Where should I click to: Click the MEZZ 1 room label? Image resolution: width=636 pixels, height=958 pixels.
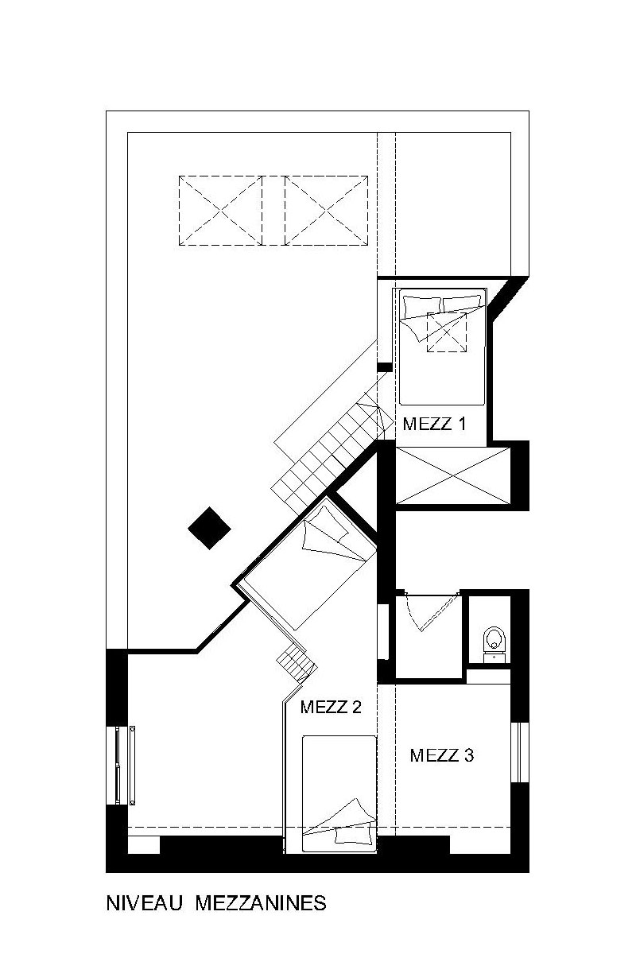pyautogui.click(x=434, y=424)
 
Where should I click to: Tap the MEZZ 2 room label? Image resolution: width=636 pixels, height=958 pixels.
pyautogui.click(x=331, y=707)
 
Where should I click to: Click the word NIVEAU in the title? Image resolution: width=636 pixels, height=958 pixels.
pyautogui.click(x=145, y=903)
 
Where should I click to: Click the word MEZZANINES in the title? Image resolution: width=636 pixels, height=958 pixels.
pyautogui.click(x=261, y=903)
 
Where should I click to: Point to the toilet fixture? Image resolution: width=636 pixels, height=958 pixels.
pyautogui.click(x=494, y=645)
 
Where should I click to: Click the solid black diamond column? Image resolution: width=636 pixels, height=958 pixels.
pyautogui.click(x=210, y=528)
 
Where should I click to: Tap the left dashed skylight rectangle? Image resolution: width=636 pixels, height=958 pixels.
pyautogui.click(x=220, y=211)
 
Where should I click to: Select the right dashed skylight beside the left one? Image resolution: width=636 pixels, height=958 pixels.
pyautogui.click(x=326, y=211)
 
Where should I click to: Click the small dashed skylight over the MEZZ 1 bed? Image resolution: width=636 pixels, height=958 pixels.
pyautogui.click(x=447, y=332)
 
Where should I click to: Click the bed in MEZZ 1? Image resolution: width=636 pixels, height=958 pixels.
pyautogui.click(x=443, y=347)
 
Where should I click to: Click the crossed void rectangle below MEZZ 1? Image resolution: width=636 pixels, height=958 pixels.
pyautogui.click(x=453, y=475)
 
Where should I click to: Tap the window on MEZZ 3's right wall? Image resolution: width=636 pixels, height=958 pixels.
pyautogui.click(x=520, y=753)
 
